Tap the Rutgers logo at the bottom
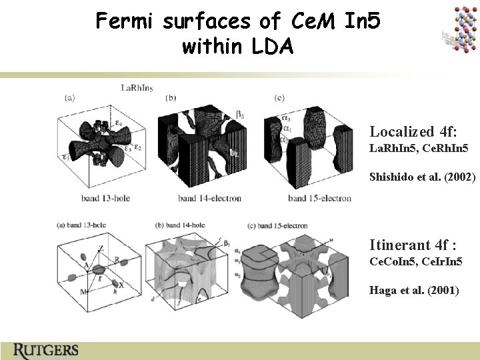(x=45, y=349)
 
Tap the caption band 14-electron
(x=210, y=198)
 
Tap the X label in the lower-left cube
(x=121, y=285)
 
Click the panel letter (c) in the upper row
(x=279, y=98)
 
